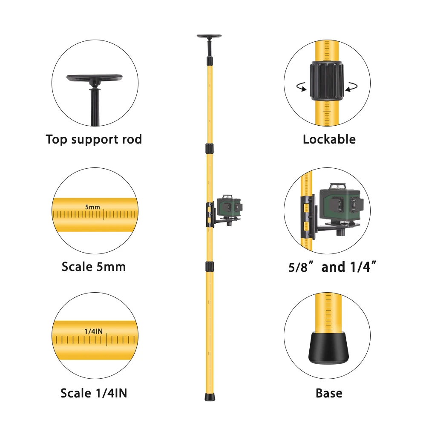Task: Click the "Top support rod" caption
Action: (x=94, y=139)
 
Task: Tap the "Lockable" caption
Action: (x=329, y=139)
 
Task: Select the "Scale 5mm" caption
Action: (x=94, y=267)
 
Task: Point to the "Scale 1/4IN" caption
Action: (x=94, y=393)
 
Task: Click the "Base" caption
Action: (x=329, y=393)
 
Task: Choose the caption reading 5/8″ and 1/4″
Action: (x=329, y=267)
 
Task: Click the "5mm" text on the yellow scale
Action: (x=92, y=207)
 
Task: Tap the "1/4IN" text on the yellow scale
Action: (x=94, y=331)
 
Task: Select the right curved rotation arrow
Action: (x=351, y=87)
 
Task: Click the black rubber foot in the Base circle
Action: (x=327, y=347)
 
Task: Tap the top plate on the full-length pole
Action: (x=209, y=37)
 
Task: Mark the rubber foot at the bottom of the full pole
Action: (x=209, y=397)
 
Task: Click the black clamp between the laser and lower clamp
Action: (x=209, y=267)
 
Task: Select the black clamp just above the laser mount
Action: (x=209, y=149)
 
